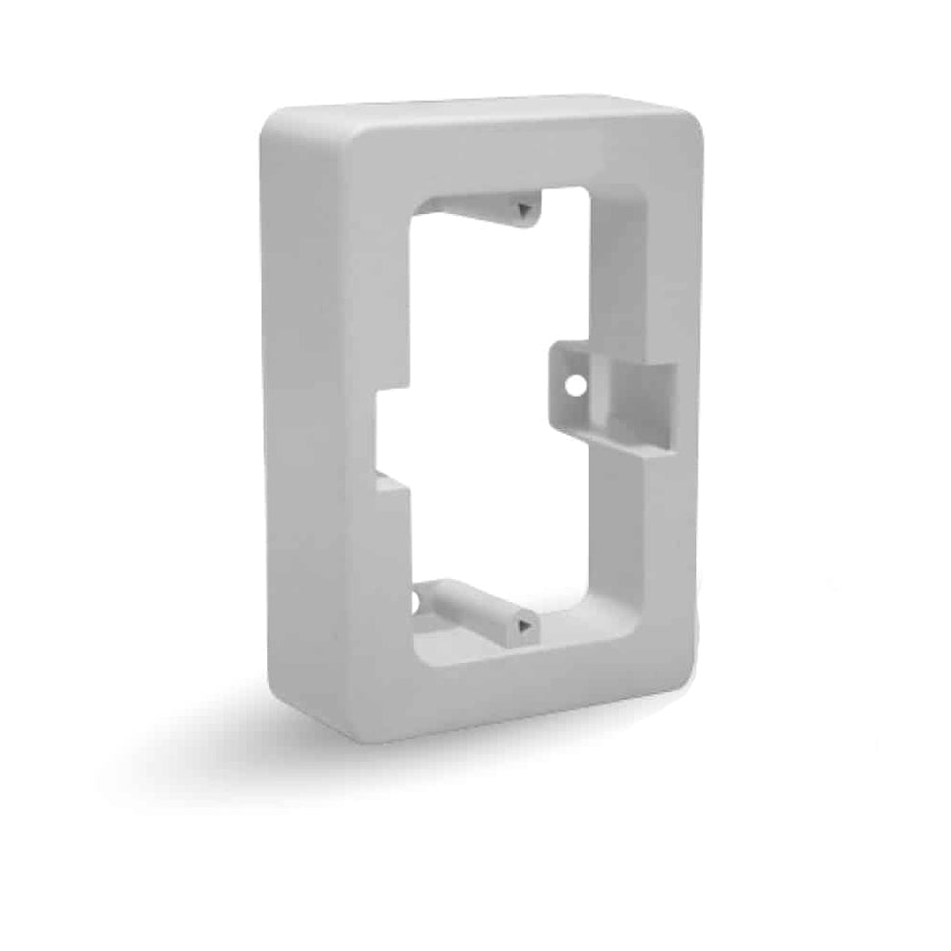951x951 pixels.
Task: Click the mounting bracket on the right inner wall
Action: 613,390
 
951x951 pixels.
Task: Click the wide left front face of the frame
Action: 328,428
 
